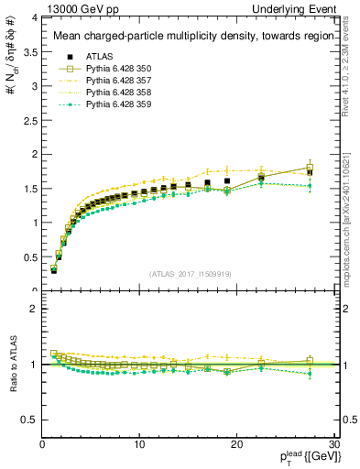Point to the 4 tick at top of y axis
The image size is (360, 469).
coord(36,17)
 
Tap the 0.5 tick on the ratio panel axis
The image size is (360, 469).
coord(32,420)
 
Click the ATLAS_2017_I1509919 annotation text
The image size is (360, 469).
coord(190,273)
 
